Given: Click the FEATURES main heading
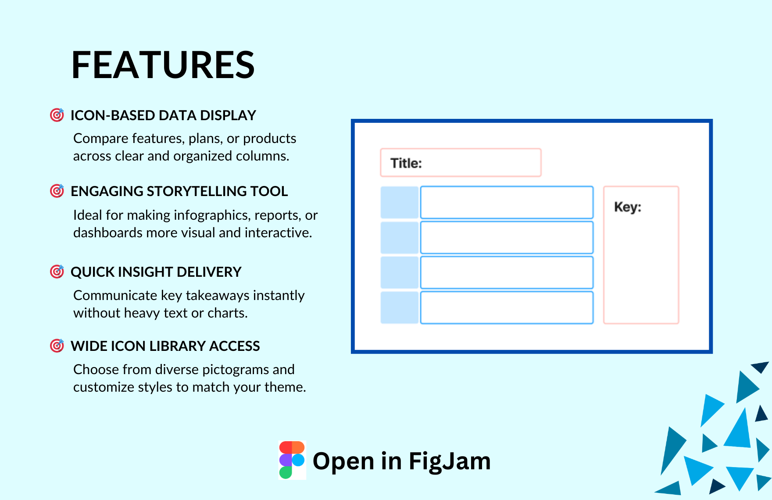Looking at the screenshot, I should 163,65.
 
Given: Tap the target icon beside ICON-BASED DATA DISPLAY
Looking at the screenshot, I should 57,115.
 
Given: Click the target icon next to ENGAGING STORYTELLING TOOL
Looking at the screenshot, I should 57,191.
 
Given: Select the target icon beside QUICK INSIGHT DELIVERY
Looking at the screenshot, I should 57,271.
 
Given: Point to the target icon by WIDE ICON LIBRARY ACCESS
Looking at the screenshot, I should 57,346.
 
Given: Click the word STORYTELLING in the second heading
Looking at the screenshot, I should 197,191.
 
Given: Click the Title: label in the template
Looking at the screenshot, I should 406,163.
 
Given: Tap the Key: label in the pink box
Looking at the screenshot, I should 627,207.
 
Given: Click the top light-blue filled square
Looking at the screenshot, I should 399,203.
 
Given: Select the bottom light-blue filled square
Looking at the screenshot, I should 399,308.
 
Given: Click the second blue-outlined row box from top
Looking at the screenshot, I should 507,238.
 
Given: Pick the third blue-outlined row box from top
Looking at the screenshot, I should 507,273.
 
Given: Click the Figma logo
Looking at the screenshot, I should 292,460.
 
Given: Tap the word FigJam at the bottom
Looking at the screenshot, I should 450,461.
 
